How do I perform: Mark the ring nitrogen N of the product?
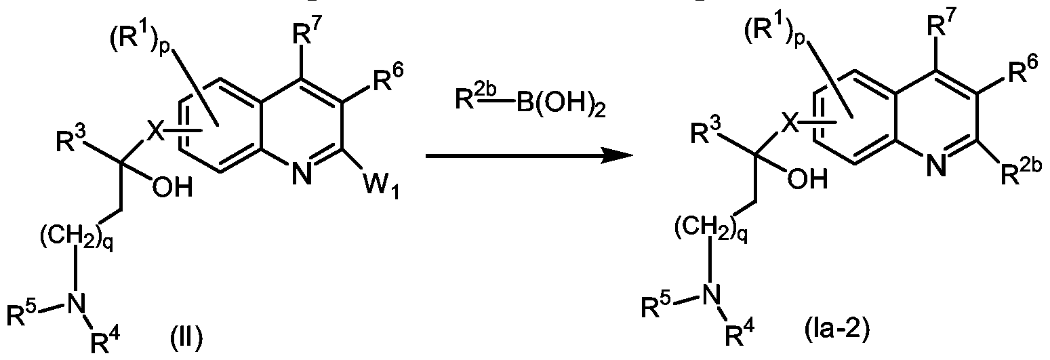[x=937, y=165]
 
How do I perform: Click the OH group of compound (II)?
[x=171, y=188]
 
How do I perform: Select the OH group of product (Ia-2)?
[x=807, y=178]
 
